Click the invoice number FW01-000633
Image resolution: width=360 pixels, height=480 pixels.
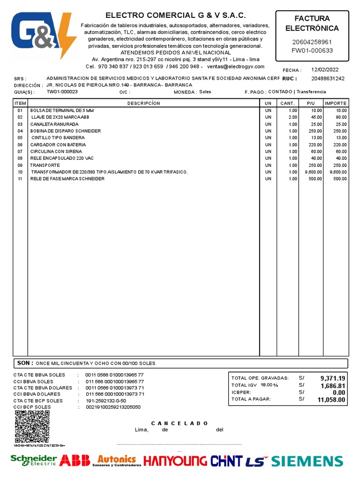click(312, 51)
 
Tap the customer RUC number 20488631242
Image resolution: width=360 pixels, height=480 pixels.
click(328, 78)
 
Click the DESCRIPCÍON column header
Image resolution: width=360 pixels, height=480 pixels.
click(143, 103)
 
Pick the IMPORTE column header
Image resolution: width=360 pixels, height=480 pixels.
click(336, 103)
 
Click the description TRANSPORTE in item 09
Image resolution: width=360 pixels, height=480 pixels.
click(45, 165)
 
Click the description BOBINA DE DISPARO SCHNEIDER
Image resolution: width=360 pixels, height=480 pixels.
click(66, 131)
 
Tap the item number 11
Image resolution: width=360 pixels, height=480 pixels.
click(20, 179)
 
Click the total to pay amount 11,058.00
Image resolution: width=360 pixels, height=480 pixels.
click(331, 400)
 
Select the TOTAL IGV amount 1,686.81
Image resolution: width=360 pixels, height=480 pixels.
click(333, 386)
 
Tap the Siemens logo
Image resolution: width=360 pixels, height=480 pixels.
click(307, 461)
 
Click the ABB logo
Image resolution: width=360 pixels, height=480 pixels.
click(75, 460)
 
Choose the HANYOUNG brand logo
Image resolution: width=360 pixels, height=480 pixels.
click(175, 461)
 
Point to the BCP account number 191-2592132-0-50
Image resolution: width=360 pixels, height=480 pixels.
click(105, 401)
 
